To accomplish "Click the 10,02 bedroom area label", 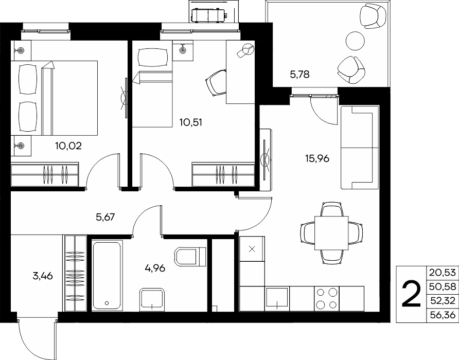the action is point(68,146).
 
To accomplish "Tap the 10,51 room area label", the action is point(191,122).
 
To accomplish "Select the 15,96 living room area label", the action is point(317,158).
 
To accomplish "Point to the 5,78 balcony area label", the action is point(300,75).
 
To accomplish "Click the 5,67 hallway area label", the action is point(105,217).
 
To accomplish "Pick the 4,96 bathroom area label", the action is point(155,267).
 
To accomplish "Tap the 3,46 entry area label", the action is point(43,276).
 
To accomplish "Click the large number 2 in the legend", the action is point(411,294).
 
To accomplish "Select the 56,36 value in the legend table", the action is point(443,315).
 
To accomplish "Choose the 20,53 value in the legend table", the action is point(443,273).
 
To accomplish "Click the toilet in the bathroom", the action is point(190,257).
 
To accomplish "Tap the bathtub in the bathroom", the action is point(107,276).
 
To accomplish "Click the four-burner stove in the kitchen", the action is point(327,298).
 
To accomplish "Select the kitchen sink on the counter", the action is point(277,298).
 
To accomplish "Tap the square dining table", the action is point(332,233).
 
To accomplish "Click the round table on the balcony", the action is point(356,41).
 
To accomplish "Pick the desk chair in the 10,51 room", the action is point(216,83).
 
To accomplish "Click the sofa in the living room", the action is point(360,148).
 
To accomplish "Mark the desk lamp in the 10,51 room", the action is point(245,50).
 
